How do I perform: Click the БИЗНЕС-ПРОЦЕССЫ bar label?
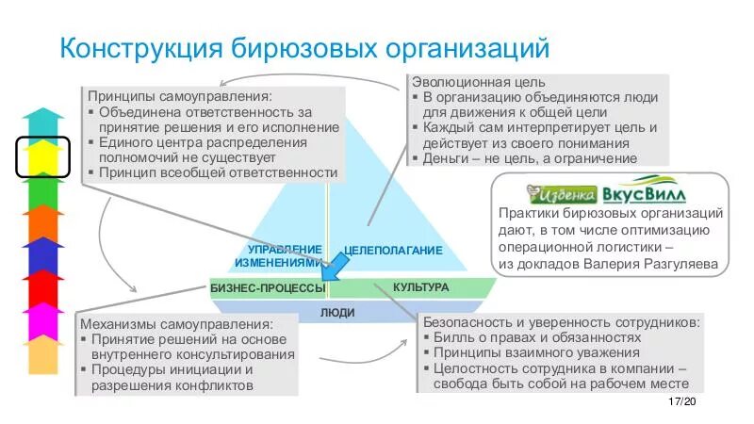[267, 288]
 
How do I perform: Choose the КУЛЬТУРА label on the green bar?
[420, 286]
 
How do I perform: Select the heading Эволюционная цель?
[479, 82]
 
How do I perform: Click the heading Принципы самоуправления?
[179, 96]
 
